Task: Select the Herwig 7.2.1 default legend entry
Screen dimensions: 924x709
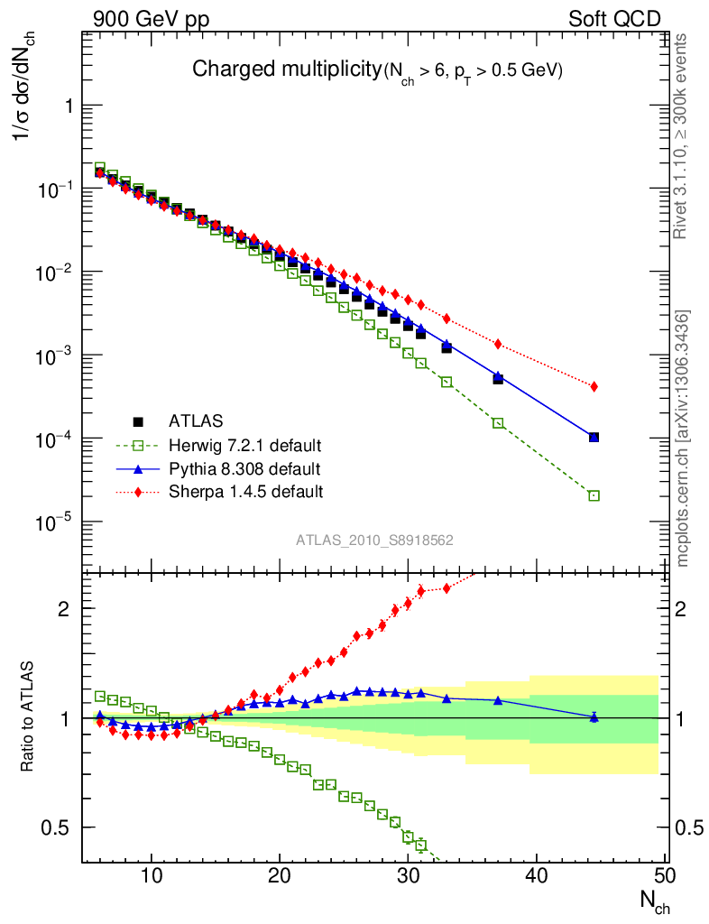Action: tap(244, 445)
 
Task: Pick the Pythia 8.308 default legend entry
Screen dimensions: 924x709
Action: tap(244, 468)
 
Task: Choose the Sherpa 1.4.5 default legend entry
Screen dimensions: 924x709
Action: tap(245, 492)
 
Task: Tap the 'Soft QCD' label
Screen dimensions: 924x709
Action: tap(614, 19)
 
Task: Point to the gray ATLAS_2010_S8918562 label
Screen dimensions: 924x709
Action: tap(374, 541)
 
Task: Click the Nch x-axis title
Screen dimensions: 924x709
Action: tap(656, 901)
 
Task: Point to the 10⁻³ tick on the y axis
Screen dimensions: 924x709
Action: tap(55, 356)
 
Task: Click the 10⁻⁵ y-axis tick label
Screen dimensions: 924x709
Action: tap(55, 522)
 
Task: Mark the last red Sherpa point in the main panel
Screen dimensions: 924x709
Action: tap(594, 387)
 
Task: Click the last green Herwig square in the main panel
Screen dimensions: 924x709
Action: tap(594, 495)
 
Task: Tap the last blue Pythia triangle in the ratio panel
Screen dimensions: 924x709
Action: tap(594, 717)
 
